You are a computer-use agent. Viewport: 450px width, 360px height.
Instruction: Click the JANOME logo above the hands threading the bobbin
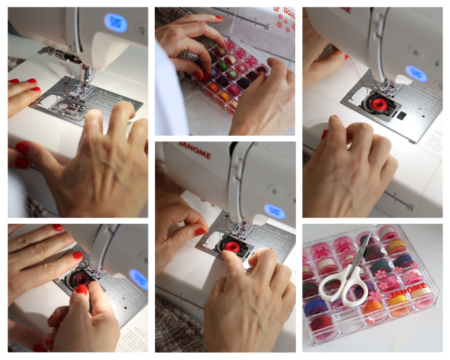click(x=195, y=150)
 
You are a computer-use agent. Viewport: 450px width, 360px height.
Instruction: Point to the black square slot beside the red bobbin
click(x=401, y=115)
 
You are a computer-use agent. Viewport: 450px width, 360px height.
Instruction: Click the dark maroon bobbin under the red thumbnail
click(x=80, y=278)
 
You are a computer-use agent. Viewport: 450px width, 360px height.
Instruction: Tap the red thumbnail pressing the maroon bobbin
click(x=81, y=289)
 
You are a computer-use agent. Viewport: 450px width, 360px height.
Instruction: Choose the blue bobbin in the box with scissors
click(x=315, y=306)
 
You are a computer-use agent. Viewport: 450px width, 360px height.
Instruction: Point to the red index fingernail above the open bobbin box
click(x=218, y=18)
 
